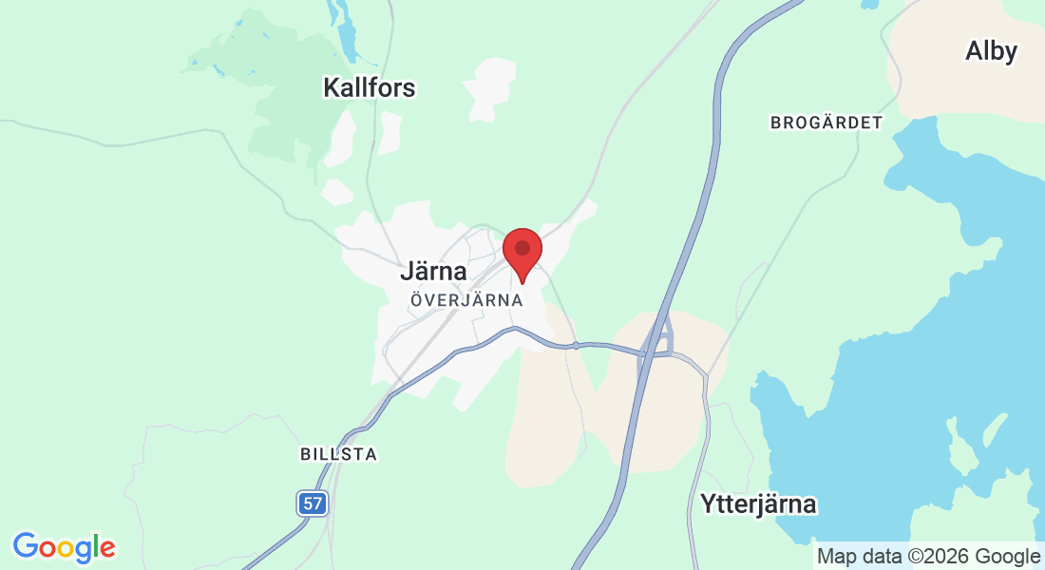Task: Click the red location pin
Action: point(522,253)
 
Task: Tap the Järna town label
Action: point(433,272)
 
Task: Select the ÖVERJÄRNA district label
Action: point(466,299)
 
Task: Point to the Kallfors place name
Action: point(370,88)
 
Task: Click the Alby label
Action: point(991,51)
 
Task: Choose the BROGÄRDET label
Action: point(826,123)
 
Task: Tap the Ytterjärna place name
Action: point(757,503)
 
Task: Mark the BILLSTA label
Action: point(339,454)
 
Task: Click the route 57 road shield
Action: point(313,503)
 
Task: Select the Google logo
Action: point(64,547)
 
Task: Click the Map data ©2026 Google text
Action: point(928,557)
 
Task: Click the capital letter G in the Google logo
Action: point(25,546)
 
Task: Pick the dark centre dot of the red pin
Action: point(522,248)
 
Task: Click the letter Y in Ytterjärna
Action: point(706,503)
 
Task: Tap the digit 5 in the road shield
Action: point(308,503)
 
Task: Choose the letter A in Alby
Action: point(974,51)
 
